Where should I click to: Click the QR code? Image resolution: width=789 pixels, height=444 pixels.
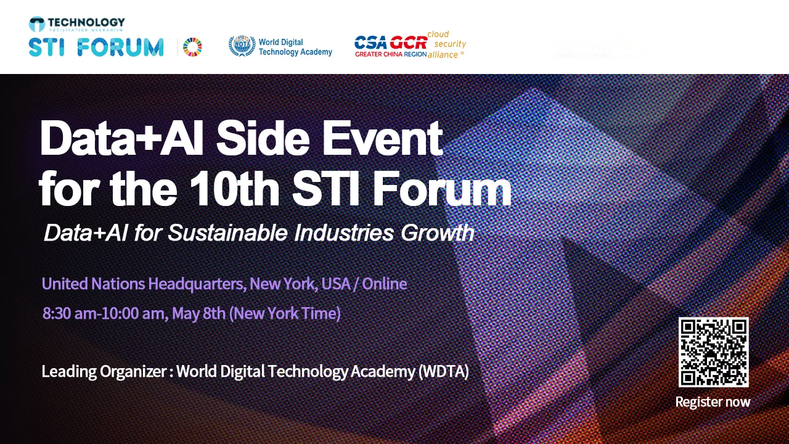point(713,352)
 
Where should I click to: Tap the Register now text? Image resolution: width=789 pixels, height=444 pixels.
point(713,402)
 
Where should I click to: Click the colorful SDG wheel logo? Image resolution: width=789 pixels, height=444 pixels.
point(192,47)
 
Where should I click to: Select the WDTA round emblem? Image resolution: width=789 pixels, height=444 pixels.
point(242,46)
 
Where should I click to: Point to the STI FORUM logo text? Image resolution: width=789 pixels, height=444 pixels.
point(96,47)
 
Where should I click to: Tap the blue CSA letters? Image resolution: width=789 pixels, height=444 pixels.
point(370,43)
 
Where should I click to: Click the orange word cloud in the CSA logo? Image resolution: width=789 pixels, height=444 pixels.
point(438,35)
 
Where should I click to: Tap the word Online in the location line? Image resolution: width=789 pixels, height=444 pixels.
point(385,284)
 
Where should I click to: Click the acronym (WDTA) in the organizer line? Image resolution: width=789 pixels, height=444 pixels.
point(443,372)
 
